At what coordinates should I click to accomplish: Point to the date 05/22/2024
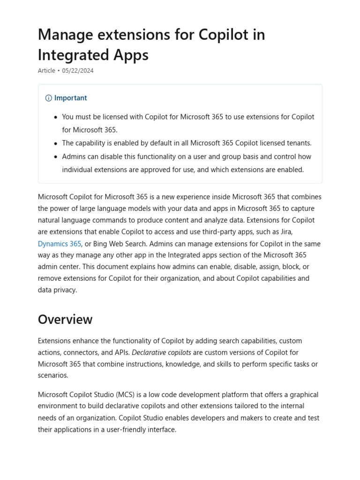(77, 71)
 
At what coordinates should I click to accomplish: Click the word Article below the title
(46, 71)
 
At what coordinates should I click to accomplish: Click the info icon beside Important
(48, 98)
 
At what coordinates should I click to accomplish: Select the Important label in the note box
(70, 98)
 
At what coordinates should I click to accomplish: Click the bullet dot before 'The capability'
(56, 143)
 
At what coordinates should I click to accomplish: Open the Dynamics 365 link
(60, 244)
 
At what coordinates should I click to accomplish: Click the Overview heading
(65, 320)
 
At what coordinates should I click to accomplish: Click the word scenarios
(53, 375)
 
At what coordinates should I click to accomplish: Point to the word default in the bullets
(166, 143)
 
